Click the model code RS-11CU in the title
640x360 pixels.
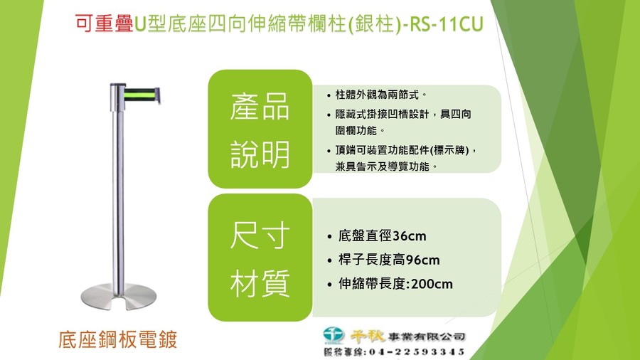pos(446,24)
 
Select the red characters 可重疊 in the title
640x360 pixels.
pos(104,24)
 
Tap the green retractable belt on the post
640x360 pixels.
pos(139,95)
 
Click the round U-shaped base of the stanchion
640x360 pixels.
pos(118,297)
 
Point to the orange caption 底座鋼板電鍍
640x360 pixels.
pos(118,339)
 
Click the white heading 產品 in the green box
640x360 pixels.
pos(260,107)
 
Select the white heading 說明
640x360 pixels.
pos(260,154)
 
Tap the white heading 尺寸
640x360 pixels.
pos(260,235)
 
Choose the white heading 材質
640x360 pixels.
pos(260,283)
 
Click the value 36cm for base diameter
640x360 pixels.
pos(410,236)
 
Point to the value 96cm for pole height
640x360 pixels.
pos(423,260)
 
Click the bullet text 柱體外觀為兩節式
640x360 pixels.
pos(377,95)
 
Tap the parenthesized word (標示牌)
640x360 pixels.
pos(449,150)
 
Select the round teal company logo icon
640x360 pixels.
pos(334,334)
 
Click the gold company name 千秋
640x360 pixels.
pos(368,336)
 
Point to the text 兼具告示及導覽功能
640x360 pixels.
pos(382,166)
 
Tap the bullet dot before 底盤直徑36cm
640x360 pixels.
pos(330,237)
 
